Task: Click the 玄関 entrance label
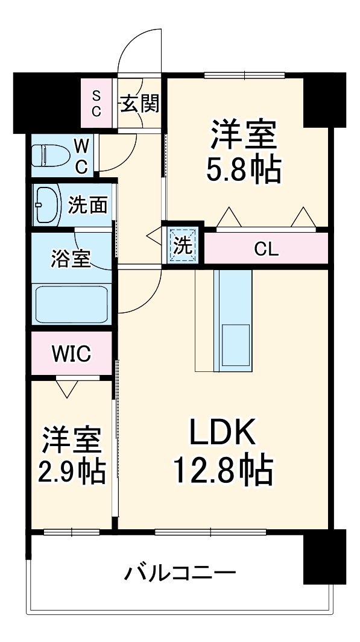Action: [141, 104]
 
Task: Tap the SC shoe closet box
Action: [96, 103]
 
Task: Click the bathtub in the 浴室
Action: [71, 304]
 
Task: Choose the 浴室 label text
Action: [70, 259]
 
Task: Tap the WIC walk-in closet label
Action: [71, 354]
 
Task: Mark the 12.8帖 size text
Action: [223, 471]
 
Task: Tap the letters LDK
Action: [223, 432]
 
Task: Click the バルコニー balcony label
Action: [180, 571]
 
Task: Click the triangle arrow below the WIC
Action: [66, 389]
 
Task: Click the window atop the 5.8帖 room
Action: [244, 75]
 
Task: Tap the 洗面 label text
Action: [87, 206]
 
